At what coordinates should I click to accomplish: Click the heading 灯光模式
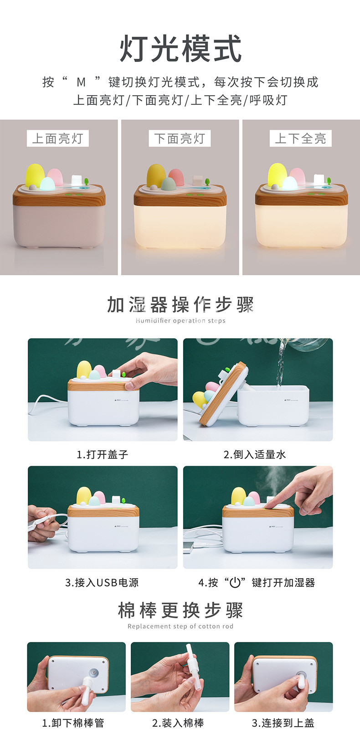point(180,48)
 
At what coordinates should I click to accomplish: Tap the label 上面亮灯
point(58,139)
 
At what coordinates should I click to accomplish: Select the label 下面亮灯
point(180,139)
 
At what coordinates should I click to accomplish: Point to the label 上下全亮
point(301,139)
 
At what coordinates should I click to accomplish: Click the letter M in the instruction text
point(81,82)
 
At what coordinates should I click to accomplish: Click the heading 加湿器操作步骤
point(180,304)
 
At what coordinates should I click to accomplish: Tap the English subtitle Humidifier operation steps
point(180,321)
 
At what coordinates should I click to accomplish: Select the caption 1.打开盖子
point(102,455)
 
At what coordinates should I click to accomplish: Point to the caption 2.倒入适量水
point(255,455)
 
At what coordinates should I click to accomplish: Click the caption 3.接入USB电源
point(102,583)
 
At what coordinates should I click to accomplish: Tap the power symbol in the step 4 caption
point(235,583)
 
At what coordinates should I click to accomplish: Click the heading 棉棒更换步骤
point(180,611)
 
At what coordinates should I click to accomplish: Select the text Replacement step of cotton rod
point(180,626)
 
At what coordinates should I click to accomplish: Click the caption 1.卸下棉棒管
point(73,723)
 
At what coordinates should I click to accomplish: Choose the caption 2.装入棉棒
point(178,723)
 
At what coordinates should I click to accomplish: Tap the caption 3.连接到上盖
point(283,723)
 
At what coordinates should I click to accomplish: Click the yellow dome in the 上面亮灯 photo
point(35,175)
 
